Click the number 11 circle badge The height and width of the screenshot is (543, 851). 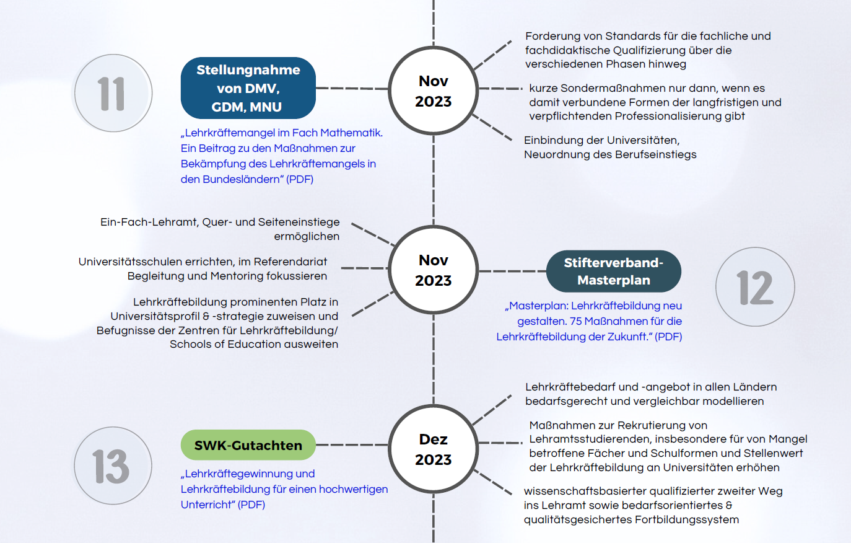coord(113,94)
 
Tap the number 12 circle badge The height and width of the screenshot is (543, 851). coord(755,287)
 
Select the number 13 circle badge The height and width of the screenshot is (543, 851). coord(113,466)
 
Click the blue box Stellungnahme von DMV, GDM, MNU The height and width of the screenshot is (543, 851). coord(248,88)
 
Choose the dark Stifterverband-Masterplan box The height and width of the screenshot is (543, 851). coord(613,271)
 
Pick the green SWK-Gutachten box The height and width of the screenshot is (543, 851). coord(248,445)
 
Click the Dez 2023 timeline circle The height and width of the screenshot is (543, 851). coord(433,449)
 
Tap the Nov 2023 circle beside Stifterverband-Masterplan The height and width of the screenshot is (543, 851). coord(433,270)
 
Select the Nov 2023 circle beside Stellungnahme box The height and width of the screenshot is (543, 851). coord(433,91)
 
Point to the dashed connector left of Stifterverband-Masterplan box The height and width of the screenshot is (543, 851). coord(512,271)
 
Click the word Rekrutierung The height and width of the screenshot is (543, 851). coord(651,425)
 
